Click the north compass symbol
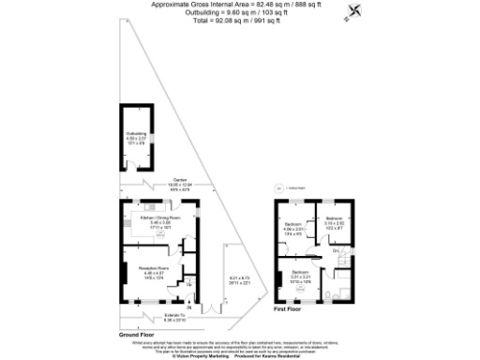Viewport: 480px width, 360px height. (353, 13)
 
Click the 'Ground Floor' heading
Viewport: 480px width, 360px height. (138, 334)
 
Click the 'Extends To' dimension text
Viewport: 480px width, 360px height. (174, 317)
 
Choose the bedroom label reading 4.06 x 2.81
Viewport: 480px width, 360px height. (293, 228)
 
